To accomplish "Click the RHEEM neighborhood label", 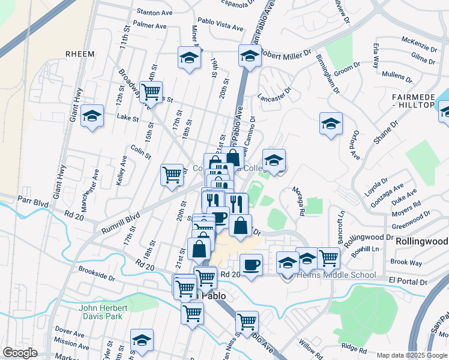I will click(x=80, y=53).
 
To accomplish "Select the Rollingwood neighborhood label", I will click(x=421, y=241).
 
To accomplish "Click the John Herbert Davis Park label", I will click(x=100, y=312).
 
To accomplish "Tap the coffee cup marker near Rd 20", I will click(x=251, y=264).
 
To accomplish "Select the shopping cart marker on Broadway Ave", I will click(x=151, y=92).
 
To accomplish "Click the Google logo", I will click(x=20, y=353).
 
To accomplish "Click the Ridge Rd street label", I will click(x=353, y=347).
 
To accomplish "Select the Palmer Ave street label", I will click(x=150, y=26).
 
